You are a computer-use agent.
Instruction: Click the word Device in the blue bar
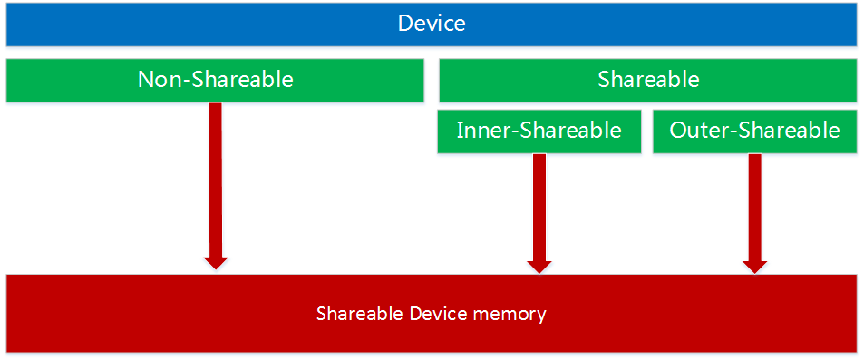click(432, 24)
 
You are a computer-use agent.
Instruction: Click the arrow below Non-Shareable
click(215, 181)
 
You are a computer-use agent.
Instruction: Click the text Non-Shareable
click(215, 80)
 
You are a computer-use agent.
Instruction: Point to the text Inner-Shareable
click(539, 131)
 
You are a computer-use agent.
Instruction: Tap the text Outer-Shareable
click(754, 131)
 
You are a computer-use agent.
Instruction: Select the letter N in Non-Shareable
click(145, 80)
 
